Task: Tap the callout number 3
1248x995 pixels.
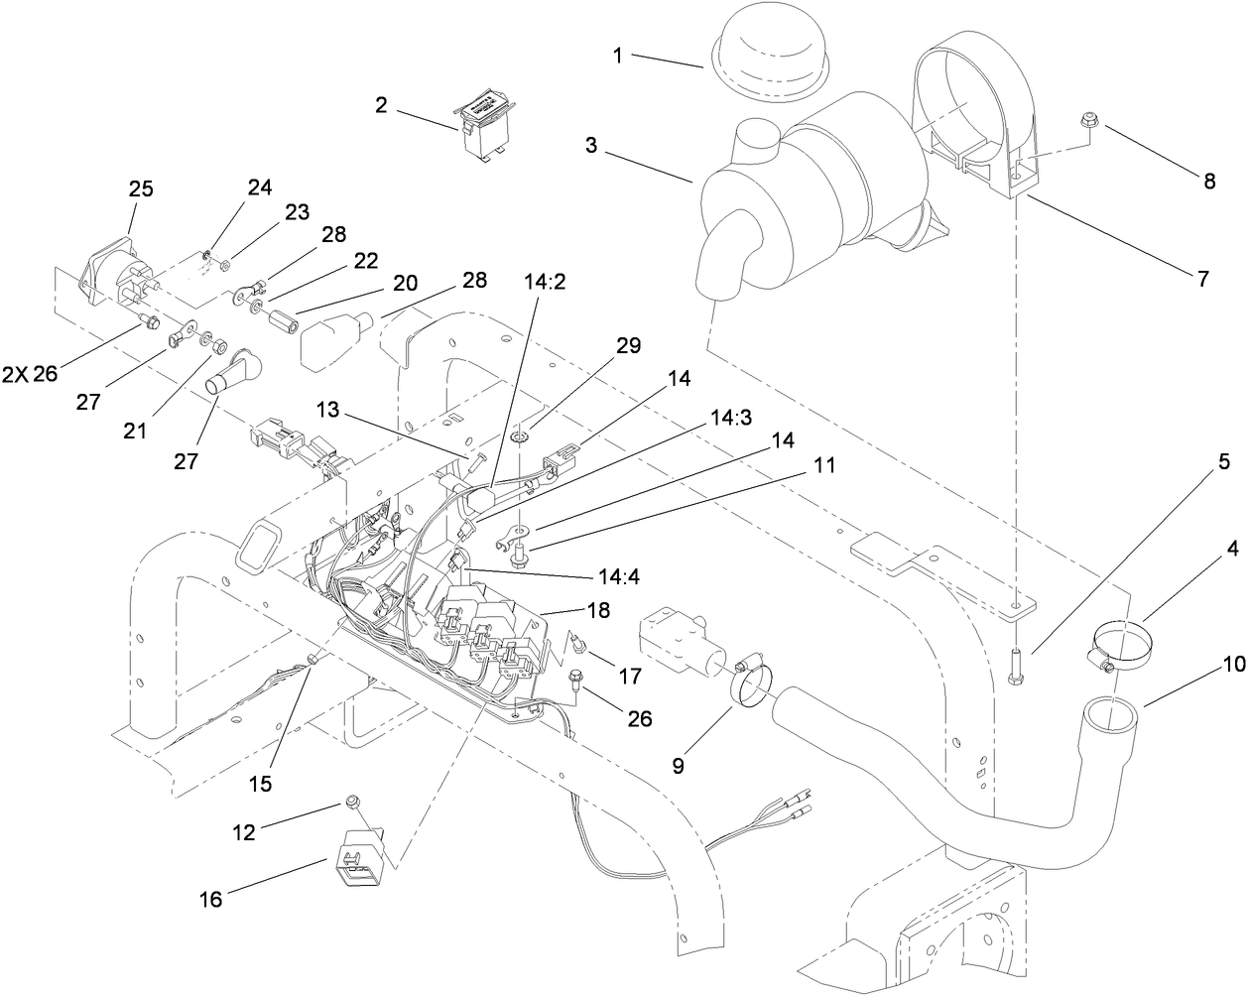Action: (591, 145)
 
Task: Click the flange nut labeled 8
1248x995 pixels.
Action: (1086, 122)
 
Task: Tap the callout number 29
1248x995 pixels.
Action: (628, 345)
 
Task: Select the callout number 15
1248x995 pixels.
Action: (260, 783)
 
